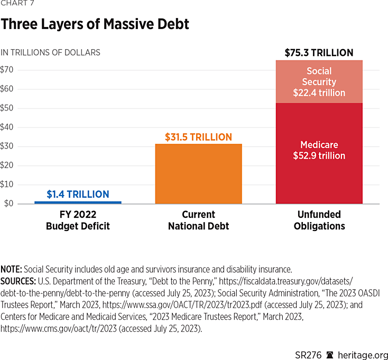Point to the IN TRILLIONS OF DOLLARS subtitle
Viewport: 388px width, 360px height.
coord(51,52)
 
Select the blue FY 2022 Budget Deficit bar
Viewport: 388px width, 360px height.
coord(78,202)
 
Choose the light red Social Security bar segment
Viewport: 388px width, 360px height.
coord(319,81)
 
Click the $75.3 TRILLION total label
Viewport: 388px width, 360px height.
coord(319,53)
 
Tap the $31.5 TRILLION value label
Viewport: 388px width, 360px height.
coord(198,137)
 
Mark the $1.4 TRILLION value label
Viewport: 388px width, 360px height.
coord(78,195)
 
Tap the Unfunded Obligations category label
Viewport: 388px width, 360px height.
coord(319,220)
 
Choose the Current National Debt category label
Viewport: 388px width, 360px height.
coord(198,220)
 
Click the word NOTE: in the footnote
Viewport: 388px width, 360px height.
coord(11,269)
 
